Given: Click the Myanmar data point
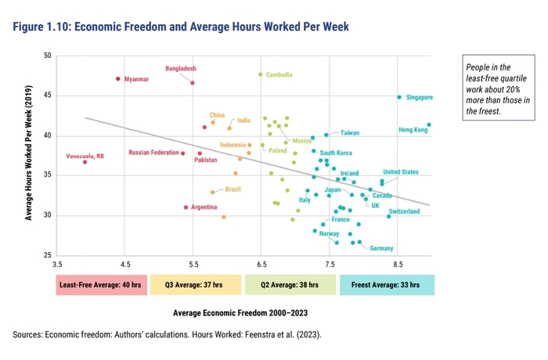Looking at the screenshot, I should point(118,78).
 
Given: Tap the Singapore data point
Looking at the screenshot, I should point(399,97).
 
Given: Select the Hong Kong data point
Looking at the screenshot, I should point(429,124).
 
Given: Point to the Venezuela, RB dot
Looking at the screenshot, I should point(85,161).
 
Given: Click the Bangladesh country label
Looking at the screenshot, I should point(181,69).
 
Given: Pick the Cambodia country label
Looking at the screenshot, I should point(279,75).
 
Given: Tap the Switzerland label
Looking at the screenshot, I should point(409,211).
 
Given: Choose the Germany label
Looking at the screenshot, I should point(381,248).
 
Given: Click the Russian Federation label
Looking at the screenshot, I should point(154,153).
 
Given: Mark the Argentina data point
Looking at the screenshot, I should point(186,207).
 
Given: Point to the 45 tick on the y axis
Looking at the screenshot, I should point(48,96).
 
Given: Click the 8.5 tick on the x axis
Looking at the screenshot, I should point(398,265).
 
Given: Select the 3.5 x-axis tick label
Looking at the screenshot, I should point(58,265).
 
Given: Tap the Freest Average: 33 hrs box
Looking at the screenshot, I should point(387,285).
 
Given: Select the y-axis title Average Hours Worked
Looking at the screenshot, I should point(29,156).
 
